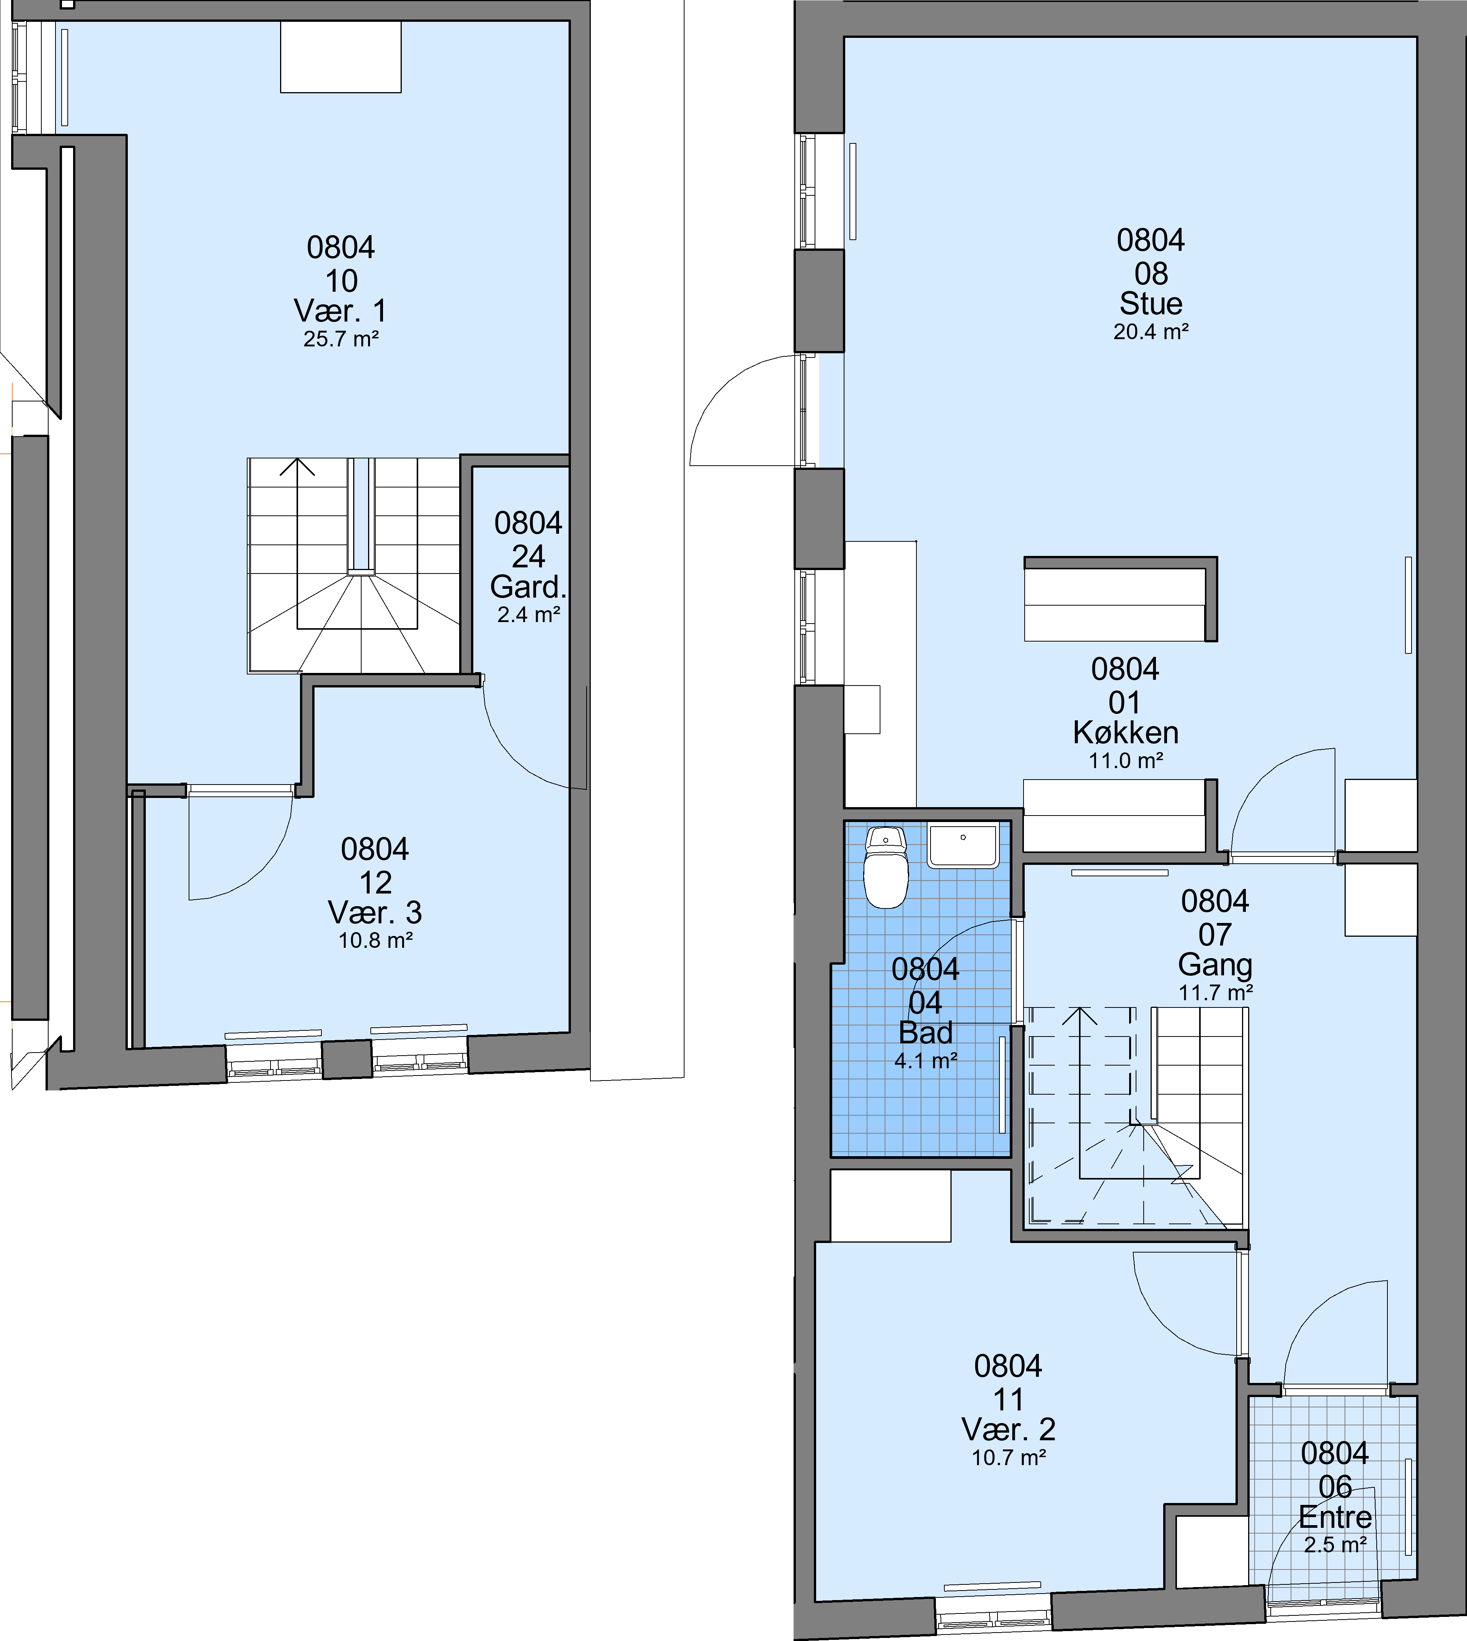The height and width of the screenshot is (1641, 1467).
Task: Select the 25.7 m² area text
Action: pyautogui.click(x=341, y=339)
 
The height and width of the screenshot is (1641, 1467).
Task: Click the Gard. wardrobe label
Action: pyautogui.click(x=528, y=587)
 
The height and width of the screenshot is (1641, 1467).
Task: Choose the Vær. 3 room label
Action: pyautogui.click(x=375, y=913)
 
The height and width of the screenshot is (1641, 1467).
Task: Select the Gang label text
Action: pyautogui.click(x=1215, y=965)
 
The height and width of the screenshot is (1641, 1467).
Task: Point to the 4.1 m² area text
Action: pyautogui.click(x=925, y=1061)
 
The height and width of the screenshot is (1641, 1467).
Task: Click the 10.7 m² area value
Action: pyautogui.click(x=1008, y=1480)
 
